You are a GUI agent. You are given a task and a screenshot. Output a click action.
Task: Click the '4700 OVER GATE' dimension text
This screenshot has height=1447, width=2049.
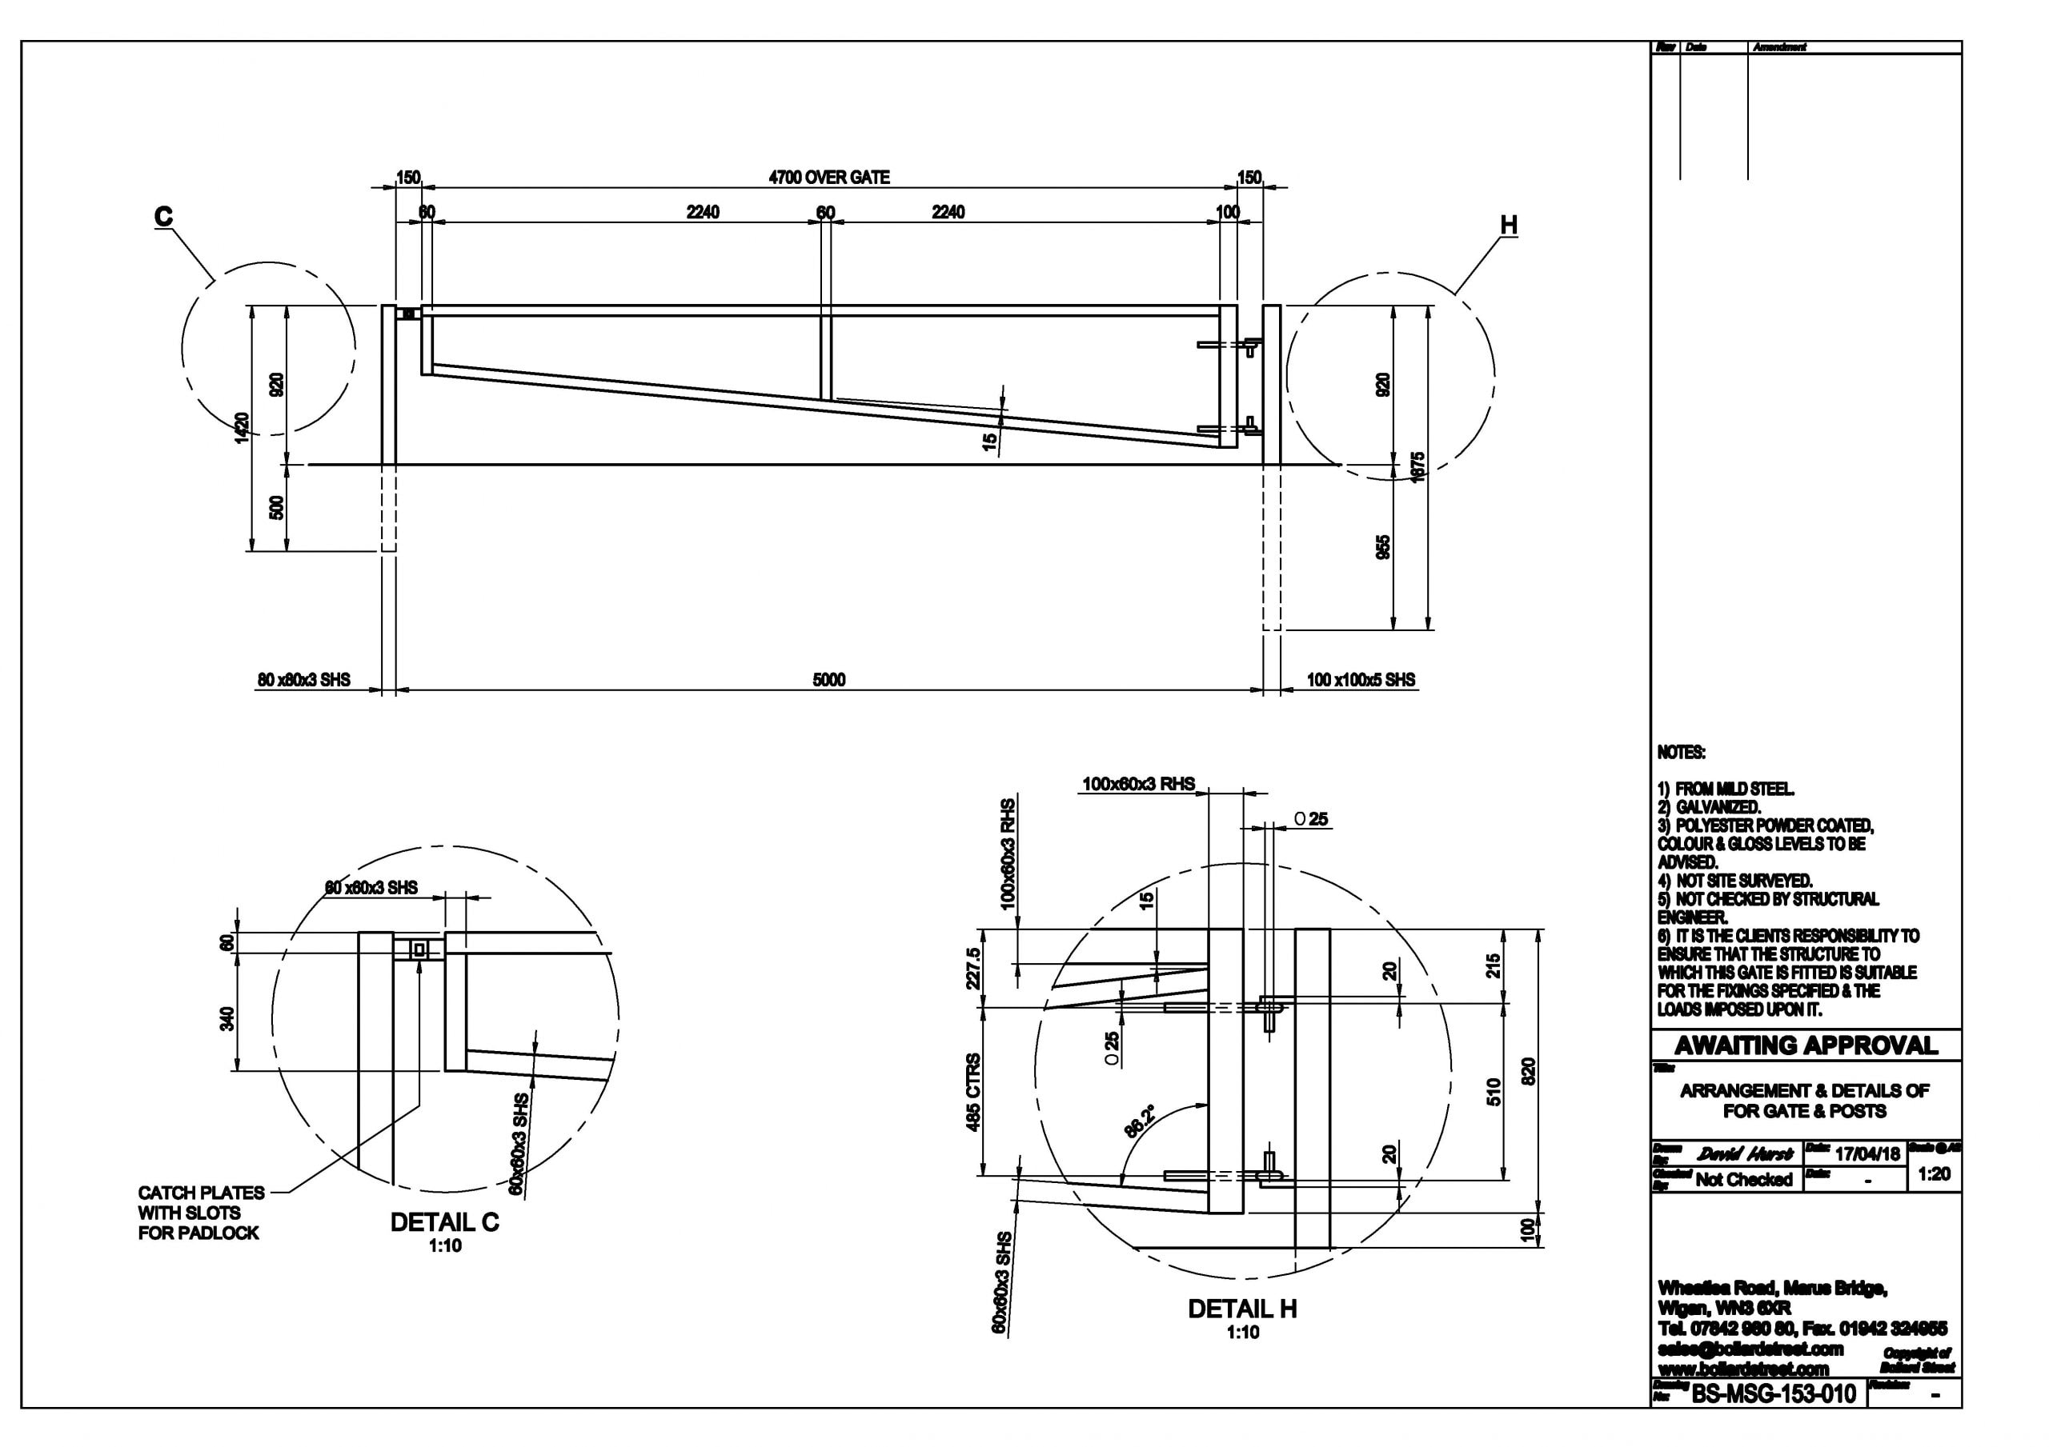(x=829, y=178)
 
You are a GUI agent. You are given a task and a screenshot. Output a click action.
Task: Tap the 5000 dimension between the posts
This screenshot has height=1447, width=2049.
(x=828, y=680)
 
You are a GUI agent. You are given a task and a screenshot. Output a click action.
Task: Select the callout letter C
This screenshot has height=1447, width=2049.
(x=163, y=217)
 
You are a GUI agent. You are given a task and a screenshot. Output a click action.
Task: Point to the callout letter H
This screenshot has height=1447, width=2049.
(x=1508, y=226)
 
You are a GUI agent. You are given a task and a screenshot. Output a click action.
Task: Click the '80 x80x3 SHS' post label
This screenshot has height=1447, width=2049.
(x=304, y=680)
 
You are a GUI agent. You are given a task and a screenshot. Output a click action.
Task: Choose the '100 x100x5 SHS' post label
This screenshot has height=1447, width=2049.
(x=1360, y=680)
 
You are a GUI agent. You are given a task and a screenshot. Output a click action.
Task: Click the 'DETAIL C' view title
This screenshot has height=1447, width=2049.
(x=444, y=1222)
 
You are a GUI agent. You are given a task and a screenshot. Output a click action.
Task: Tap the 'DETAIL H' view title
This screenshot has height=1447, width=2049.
(x=1242, y=1309)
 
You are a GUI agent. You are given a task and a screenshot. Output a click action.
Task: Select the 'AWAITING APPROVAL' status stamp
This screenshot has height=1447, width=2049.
(x=1806, y=1045)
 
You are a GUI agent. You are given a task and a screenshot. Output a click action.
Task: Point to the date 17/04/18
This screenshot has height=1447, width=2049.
(x=1867, y=1153)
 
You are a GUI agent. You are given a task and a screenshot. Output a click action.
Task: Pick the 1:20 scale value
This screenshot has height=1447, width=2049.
(x=1933, y=1174)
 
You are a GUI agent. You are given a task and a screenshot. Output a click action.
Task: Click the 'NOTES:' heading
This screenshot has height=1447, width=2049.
(x=1682, y=753)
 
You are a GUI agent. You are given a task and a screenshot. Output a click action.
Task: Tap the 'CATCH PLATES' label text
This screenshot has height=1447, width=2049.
(x=201, y=1193)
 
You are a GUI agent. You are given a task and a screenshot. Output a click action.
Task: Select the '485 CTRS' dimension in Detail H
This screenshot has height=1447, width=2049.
(x=972, y=1092)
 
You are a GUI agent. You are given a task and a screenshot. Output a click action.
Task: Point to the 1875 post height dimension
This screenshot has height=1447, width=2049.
(x=1419, y=467)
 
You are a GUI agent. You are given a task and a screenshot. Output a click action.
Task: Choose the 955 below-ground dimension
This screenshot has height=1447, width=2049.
(x=1382, y=548)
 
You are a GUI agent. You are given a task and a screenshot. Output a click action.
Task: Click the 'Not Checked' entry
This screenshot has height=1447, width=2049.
(x=1743, y=1179)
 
